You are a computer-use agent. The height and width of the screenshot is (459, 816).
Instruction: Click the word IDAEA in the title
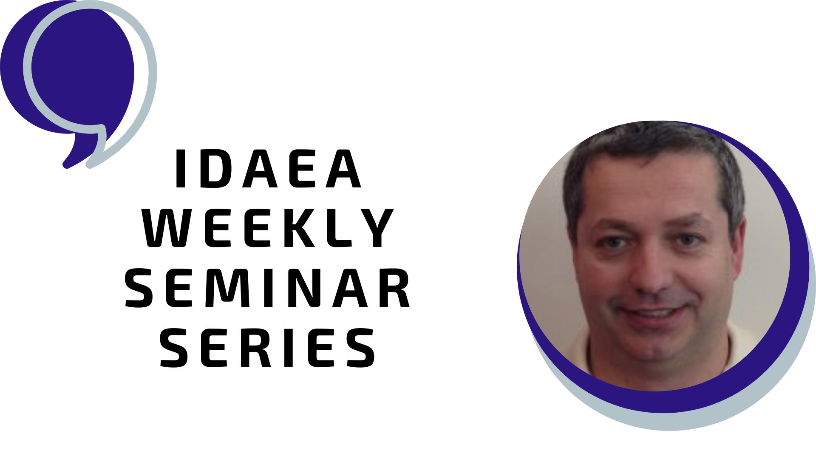point(269,169)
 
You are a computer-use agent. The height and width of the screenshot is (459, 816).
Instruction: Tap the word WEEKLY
point(268,228)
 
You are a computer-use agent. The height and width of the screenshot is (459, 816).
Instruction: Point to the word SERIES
point(268,347)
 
